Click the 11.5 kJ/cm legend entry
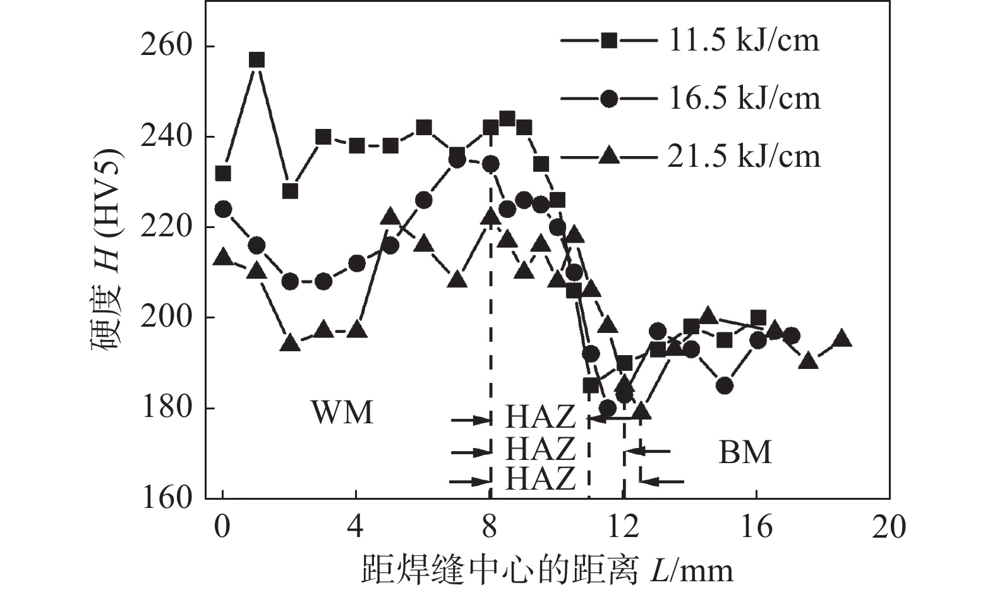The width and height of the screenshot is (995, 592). [690, 41]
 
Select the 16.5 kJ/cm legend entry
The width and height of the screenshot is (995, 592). [690, 99]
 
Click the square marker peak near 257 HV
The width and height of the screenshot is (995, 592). [256, 61]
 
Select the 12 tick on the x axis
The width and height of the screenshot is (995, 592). [623, 526]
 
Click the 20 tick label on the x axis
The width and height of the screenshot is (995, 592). [889, 526]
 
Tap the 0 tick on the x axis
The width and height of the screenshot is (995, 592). [222, 526]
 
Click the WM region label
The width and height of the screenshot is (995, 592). [342, 413]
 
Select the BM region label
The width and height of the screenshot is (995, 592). [745, 452]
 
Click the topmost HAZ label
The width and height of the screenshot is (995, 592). [540, 418]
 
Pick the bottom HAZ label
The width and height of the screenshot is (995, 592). [540, 478]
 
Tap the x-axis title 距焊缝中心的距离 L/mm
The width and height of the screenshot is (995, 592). [547, 570]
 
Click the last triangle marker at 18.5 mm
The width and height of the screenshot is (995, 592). [842, 339]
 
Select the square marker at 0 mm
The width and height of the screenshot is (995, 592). [223, 173]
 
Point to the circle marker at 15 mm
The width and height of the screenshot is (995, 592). [725, 385]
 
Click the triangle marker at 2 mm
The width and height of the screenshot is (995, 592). [290, 343]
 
